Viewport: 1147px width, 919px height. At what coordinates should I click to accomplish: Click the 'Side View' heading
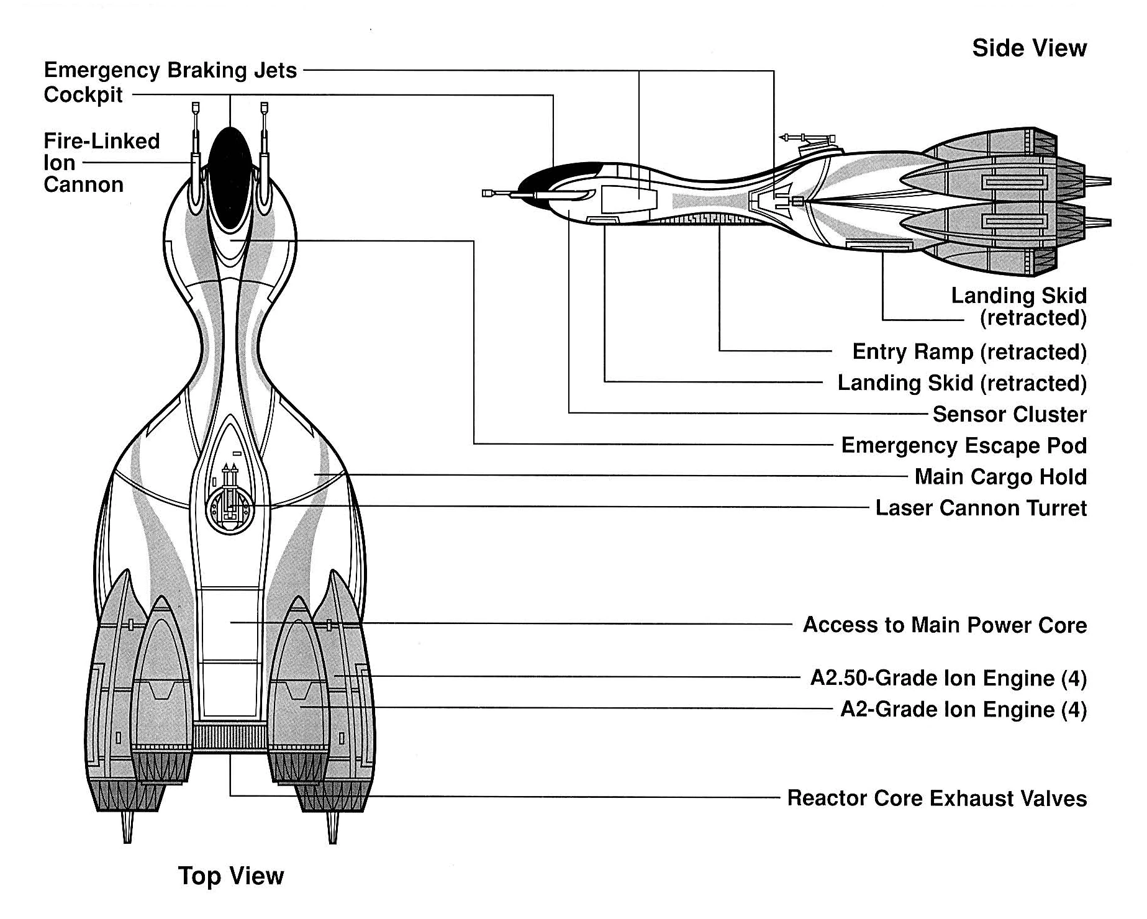tap(1029, 48)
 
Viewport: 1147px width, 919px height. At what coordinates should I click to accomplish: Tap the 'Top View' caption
tap(230, 876)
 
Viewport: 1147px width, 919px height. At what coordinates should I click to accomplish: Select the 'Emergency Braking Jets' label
tap(170, 70)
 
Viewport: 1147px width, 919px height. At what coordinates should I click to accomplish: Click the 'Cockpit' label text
tap(83, 95)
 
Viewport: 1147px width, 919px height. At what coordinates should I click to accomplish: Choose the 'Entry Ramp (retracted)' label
tap(969, 352)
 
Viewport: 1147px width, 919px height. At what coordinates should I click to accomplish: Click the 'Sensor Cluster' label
tap(1009, 414)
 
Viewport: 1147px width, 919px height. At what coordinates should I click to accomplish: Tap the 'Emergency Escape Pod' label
tap(964, 446)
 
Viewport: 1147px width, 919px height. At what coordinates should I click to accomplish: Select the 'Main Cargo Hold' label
tap(1000, 477)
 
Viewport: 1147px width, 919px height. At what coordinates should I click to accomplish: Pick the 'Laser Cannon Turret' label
tap(981, 508)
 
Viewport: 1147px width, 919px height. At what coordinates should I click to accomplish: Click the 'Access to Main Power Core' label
tap(945, 625)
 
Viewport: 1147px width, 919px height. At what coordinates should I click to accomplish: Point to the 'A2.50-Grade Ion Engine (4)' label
tap(948, 678)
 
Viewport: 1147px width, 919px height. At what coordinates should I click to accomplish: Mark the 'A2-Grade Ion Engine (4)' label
tap(963, 709)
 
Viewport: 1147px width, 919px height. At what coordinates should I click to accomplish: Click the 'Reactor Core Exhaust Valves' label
tap(936, 798)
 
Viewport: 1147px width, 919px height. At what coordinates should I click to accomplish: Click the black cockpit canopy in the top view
tap(230, 177)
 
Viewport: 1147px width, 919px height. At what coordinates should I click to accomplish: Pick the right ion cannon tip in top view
tap(265, 109)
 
